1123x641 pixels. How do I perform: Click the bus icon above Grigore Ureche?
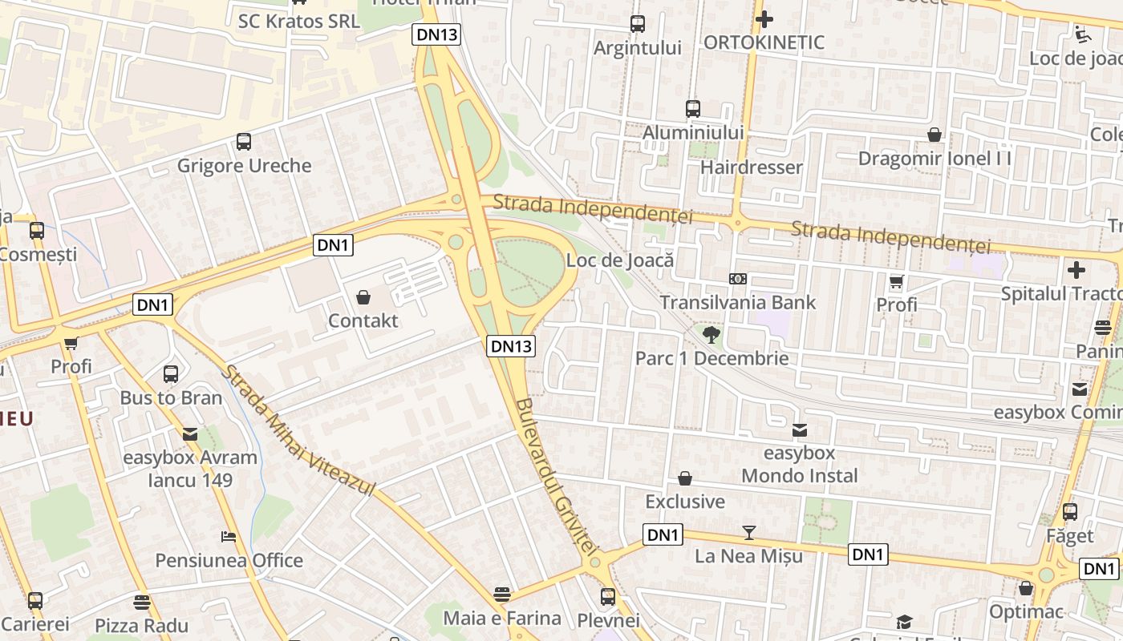(244, 142)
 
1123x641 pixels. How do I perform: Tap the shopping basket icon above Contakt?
(363, 297)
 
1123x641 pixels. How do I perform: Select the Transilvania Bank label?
(737, 302)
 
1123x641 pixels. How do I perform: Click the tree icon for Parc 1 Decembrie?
(711, 334)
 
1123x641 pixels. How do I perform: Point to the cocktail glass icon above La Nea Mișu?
(749, 532)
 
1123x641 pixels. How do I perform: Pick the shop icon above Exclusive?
(685, 478)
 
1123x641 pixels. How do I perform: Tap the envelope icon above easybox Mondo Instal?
(800, 430)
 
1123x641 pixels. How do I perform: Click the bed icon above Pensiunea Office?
(229, 537)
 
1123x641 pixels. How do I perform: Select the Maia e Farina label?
(502, 618)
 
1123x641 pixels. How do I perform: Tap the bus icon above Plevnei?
(608, 597)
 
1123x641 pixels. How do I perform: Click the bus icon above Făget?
(1070, 512)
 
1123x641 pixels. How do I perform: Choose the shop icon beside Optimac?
(1026, 589)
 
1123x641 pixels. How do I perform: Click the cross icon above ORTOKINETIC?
(764, 18)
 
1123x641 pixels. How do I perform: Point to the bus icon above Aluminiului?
(693, 109)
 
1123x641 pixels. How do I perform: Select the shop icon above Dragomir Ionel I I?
(934, 135)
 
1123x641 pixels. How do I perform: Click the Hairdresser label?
(751, 167)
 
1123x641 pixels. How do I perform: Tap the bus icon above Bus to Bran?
(171, 374)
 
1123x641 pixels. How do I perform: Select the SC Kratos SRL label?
(299, 21)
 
